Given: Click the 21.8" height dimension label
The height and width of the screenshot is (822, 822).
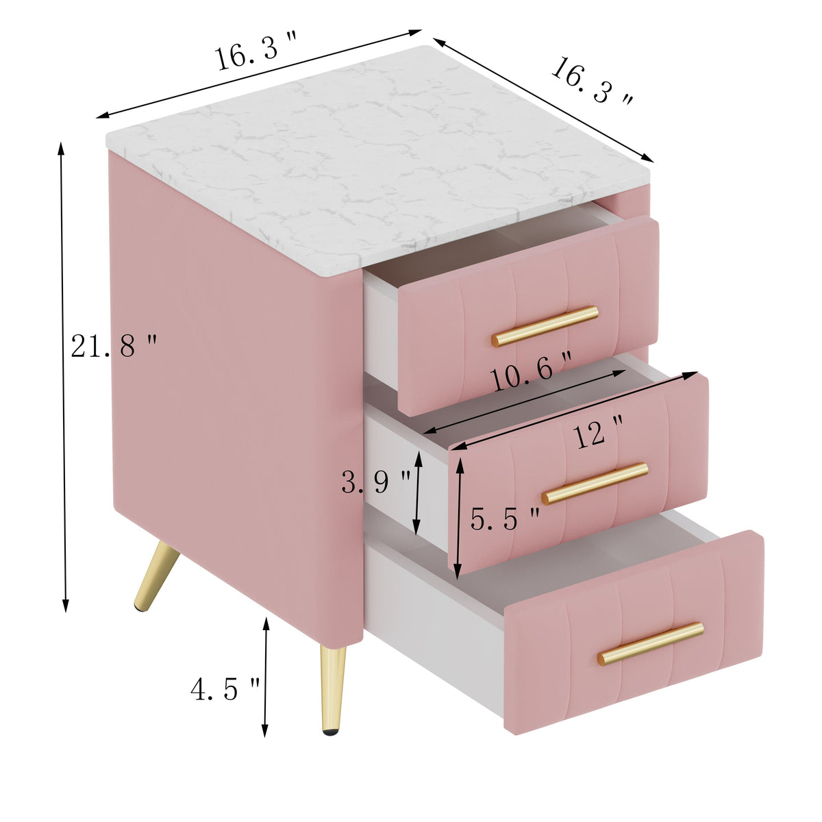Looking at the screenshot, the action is (x=114, y=345).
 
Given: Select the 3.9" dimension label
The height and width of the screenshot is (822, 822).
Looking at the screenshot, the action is (x=376, y=483).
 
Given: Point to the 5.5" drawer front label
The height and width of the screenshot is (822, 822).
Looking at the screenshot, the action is (x=505, y=519).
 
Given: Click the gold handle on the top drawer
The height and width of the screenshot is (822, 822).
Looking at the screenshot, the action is (x=545, y=326).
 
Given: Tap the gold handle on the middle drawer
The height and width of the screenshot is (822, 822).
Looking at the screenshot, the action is (x=595, y=484).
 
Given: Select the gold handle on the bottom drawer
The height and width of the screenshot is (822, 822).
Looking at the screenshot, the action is (x=651, y=643).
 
